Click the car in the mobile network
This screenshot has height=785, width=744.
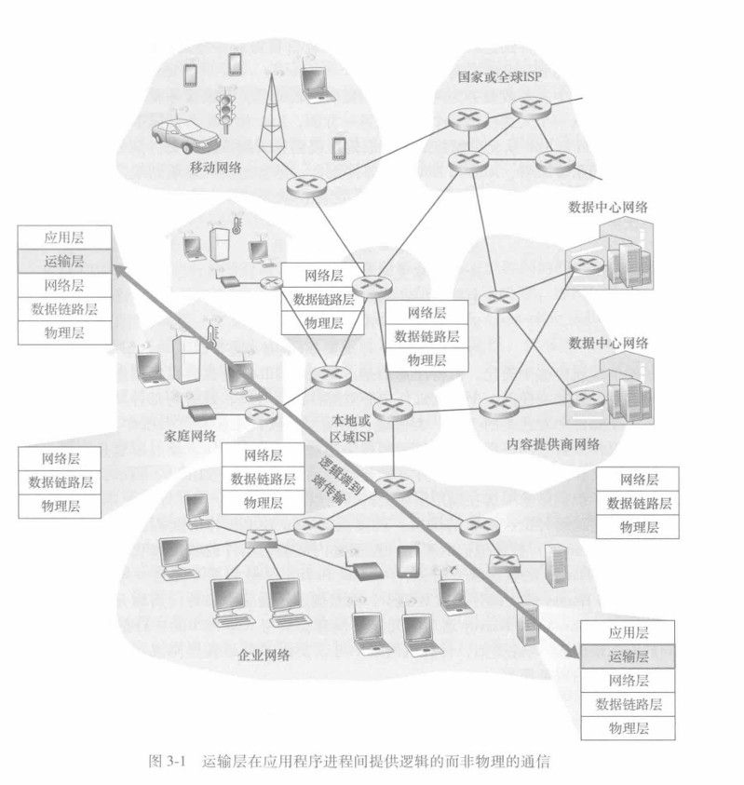click(x=185, y=136)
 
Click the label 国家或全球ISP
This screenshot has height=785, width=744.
click(x=499, y=76)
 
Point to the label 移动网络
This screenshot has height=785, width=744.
click(x=215, y=168)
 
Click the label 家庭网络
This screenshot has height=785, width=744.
click(x=190, y=436)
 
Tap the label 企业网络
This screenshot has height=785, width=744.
click(x=264, y=655)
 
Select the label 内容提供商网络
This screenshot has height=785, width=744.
click(x=553, y=444)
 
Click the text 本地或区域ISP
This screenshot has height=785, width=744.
click(x=351, y=428)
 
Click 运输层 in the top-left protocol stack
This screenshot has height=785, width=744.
click(x=64, y=261)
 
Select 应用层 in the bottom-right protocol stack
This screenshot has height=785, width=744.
click(x=628, y=632)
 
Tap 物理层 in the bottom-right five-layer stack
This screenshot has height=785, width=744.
click(x=628, y=727)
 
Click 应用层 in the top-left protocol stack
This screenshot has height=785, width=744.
click(x=64, y=237)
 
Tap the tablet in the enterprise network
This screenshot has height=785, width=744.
click(x=408, y=562)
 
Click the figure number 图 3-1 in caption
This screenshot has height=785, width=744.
click(x=168, y=762)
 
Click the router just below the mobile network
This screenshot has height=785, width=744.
click(x=307, y=184)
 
